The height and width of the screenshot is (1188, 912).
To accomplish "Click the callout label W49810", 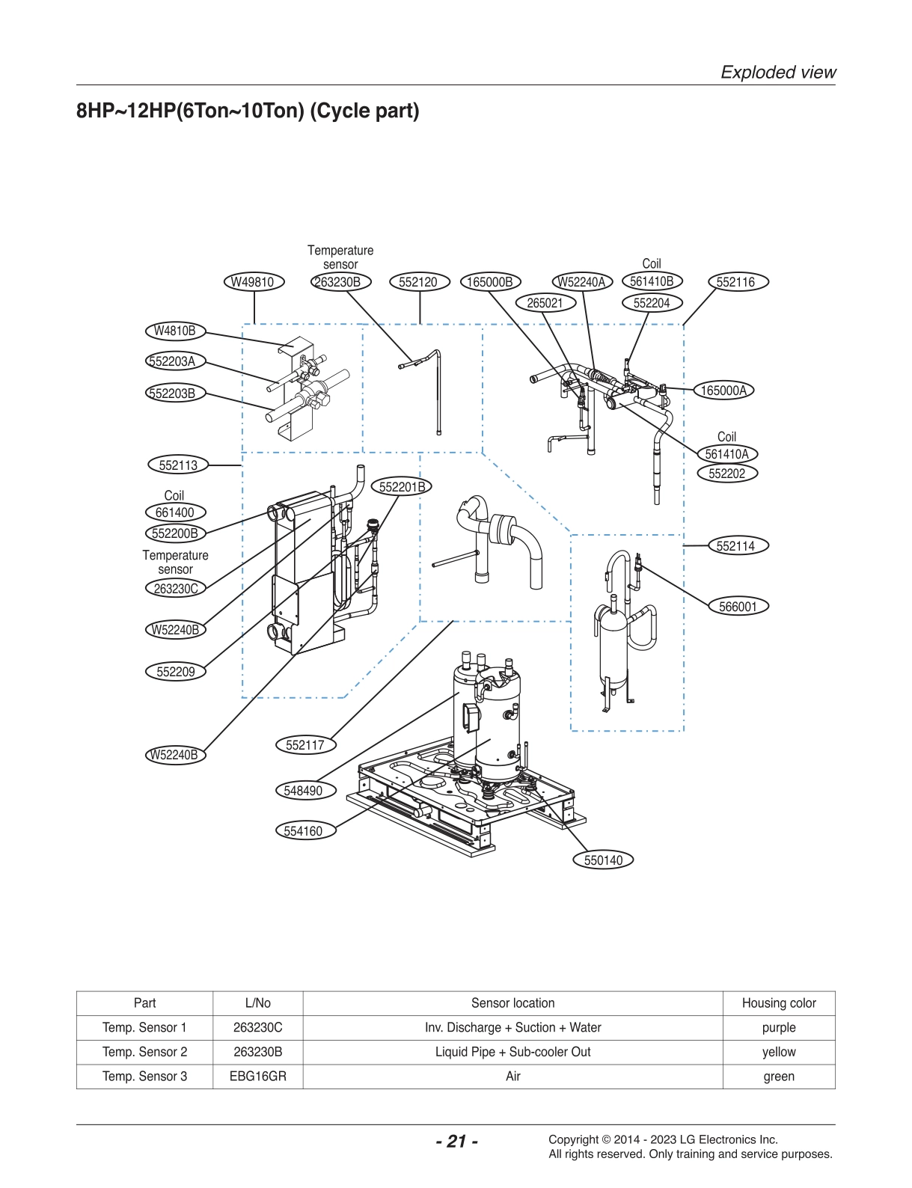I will (253, 282).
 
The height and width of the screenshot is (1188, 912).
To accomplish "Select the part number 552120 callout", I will (418, 282).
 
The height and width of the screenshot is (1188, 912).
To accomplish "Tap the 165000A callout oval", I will (723, 391).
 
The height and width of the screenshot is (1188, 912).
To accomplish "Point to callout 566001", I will (738, 607).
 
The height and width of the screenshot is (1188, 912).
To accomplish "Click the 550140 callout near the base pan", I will (603, 860).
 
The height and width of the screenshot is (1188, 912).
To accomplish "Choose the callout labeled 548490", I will (304, 791).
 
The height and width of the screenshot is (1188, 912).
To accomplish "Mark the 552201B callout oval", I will (402, 487).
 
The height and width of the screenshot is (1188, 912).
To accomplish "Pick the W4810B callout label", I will (175, 331).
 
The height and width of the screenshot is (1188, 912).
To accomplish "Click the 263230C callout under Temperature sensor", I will (175, 589).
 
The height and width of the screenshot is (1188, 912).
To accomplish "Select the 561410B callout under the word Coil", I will (652, 281).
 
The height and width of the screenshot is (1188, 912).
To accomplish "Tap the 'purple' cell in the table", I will (778, 1028).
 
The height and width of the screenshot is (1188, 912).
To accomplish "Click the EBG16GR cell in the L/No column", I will (257, 1077).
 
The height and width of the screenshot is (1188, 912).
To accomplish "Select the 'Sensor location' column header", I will (512, 1003).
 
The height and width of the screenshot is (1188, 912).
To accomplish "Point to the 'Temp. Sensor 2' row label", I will (144, 1052).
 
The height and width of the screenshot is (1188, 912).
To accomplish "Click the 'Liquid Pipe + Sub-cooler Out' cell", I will (512, 1052).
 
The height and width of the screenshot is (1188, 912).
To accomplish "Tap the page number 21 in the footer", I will (456, 1142).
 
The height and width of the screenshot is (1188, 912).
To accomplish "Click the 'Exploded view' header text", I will (778, 73).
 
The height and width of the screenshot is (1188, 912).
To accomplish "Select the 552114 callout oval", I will (735, 546).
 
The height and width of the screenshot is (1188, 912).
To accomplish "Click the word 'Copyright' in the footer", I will (574, 1140).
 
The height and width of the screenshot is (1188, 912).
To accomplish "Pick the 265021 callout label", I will (545, 303).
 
